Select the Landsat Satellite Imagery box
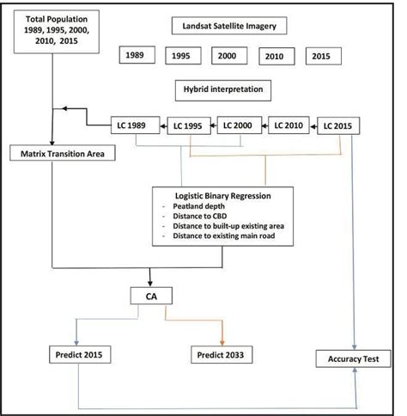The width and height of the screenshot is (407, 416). tap(228, 27)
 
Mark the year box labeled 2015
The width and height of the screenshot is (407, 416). tap(321, 57)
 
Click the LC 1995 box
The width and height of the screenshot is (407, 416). tap(187, 125)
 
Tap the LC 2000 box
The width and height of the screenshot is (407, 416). tap(239, 125)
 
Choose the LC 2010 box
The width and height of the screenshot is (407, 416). tap(290, 125)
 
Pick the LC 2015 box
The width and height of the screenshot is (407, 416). tap(340, 125)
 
